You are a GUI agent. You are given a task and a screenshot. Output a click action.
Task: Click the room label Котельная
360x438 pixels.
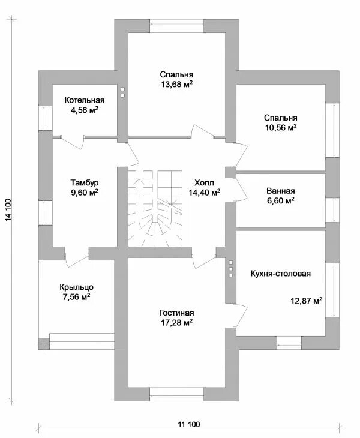(85, 100)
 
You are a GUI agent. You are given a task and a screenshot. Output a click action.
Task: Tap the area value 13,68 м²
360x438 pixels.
(176, 85)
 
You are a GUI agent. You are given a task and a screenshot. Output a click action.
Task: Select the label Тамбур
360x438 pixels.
(84, 182)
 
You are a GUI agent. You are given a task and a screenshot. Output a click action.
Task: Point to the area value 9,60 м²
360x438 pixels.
(84, 193)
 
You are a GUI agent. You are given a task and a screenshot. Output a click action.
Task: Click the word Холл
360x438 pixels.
(204, 182)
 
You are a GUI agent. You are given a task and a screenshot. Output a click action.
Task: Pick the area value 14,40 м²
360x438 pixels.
(204, 193)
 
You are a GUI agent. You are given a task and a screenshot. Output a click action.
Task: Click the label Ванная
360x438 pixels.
(281, 191)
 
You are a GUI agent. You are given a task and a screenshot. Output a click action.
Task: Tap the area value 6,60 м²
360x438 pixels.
(281, 202)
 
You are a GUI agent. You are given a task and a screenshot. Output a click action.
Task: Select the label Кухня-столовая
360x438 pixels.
(281, 274)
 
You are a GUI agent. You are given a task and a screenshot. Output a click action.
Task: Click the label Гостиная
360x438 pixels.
(176, 313)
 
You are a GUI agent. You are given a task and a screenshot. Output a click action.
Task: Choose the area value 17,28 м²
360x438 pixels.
(176, 323)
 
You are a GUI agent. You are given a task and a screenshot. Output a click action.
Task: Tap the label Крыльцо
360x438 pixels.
(76, 286)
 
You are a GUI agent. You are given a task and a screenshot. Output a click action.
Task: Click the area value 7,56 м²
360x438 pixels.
(76, 296)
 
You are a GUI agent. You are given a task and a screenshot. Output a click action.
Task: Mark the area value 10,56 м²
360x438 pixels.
(281, 128)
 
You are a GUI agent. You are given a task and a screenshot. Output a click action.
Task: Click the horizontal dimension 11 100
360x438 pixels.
(188, 424)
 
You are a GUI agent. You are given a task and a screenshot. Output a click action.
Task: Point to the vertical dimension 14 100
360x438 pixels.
(8, 211)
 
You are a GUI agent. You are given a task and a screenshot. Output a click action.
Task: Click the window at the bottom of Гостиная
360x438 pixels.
(176, 394)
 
